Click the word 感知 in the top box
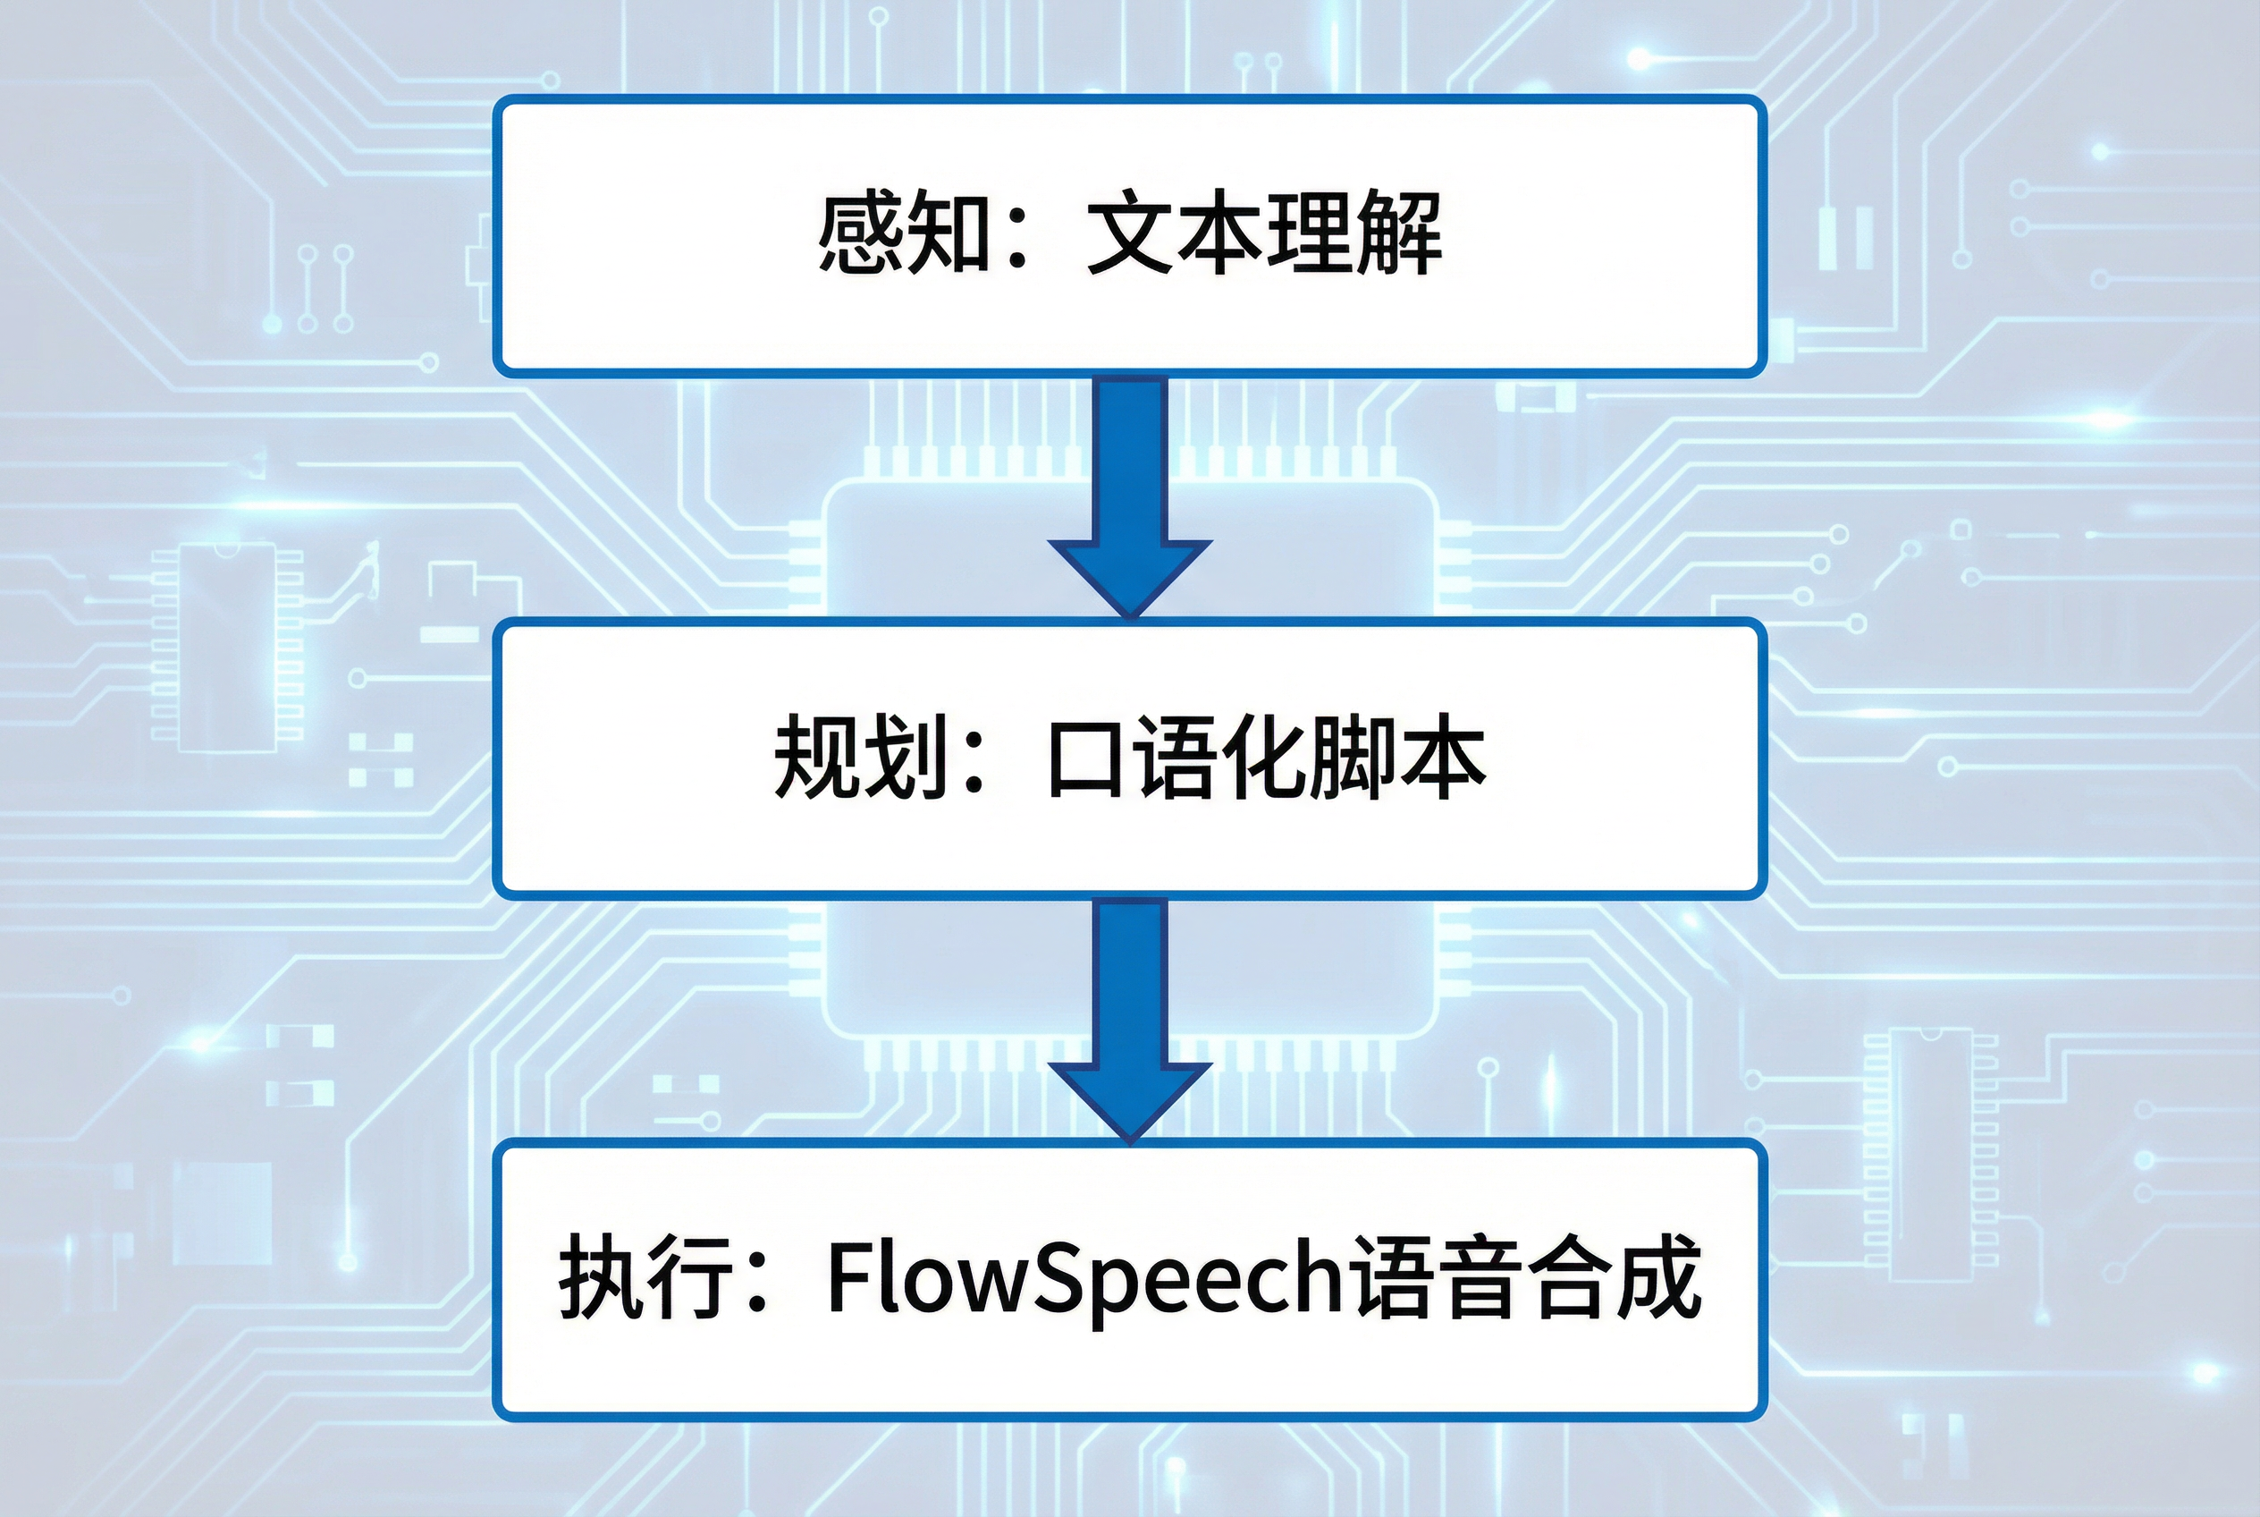(x=903, y=235)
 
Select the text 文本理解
(x=1264, y=235)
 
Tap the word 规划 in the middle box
(x=860, y=758)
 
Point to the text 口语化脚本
(x=1266, y=758)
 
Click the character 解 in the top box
(x=1398, y=235)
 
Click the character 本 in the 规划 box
(x=1444, y=758)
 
